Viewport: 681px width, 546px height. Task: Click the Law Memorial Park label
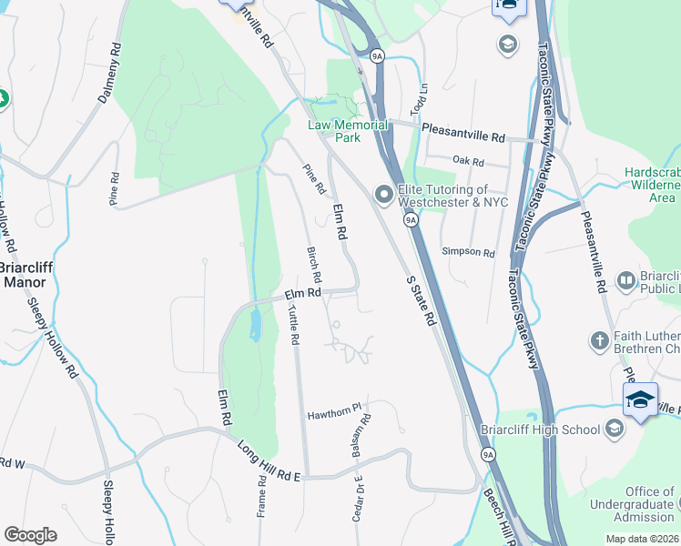point(335,131)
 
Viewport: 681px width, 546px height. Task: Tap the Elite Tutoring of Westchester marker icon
point(384,193)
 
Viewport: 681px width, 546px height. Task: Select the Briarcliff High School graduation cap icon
point(615,430)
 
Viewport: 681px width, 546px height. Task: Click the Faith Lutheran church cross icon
point(599,341)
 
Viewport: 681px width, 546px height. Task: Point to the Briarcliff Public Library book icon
point(625,281)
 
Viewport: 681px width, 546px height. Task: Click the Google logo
point(30,535)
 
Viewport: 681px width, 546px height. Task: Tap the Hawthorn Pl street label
point(334,411)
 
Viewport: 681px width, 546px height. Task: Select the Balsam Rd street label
point(366,436)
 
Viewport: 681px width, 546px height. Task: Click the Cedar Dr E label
point(357,498)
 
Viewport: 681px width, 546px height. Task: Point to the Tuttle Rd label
point(293,325)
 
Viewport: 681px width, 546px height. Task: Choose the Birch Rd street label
point(314,264)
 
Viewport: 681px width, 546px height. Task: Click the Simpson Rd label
point(467,252)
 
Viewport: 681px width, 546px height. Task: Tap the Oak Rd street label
point(466,160)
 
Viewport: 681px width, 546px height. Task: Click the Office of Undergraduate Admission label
point(643,504)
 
